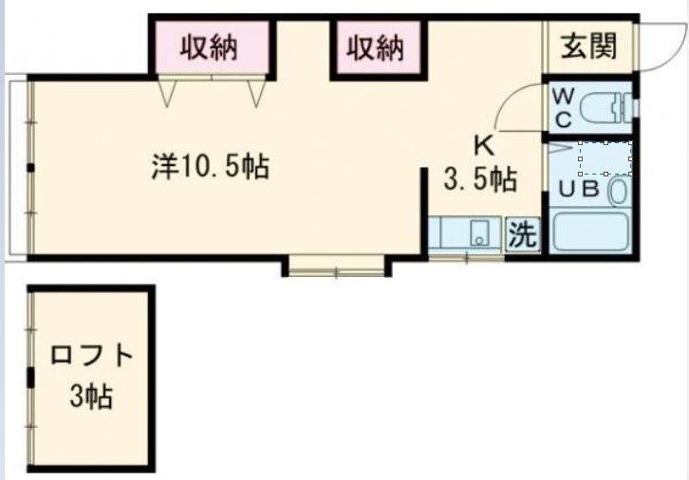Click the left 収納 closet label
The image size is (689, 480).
click(x=210, y=46)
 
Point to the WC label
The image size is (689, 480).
click(x=562, y=108)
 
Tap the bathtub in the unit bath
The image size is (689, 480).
click(x=591, y=232)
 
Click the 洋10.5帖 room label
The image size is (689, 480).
click(x=210, y=168)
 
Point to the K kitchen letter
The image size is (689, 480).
click(x=483, y=147)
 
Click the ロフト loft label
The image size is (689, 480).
click(x=91, y=358)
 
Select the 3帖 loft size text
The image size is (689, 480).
click(x=91, y=395)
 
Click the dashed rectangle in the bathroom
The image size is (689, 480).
click(x=605, y=158)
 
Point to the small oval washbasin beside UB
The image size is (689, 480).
click(x=617, y=191)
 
